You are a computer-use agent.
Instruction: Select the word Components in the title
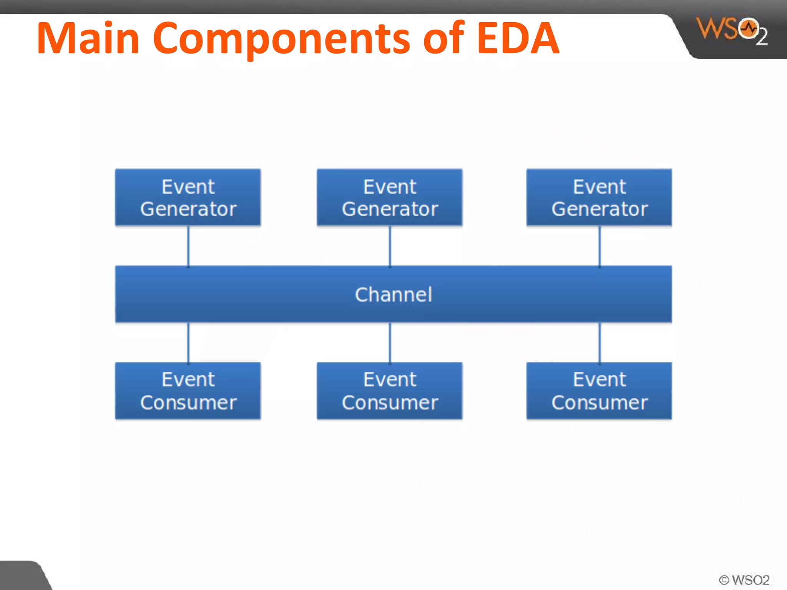(282, 38)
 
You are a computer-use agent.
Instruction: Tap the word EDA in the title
(518, 38)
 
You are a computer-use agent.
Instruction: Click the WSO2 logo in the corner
(731, 31)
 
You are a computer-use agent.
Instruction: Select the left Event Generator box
(188, 197)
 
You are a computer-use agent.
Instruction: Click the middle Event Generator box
(390, 197)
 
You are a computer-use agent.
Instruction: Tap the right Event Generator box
(599, 197)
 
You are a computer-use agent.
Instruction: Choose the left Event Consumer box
(188, 391)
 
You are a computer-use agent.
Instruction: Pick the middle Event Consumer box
(390, 391)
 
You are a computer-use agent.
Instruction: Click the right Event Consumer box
(599, 391)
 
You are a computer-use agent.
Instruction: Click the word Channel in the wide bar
(393, 295)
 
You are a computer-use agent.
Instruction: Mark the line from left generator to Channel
(188, 246)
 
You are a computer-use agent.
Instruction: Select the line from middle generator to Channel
(390, 246)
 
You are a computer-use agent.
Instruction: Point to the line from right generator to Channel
(599, 246)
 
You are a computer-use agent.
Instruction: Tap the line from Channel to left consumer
(188, 342)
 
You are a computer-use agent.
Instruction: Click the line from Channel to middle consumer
(390, 342)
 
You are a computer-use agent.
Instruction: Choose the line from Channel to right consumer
(599, 342)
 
